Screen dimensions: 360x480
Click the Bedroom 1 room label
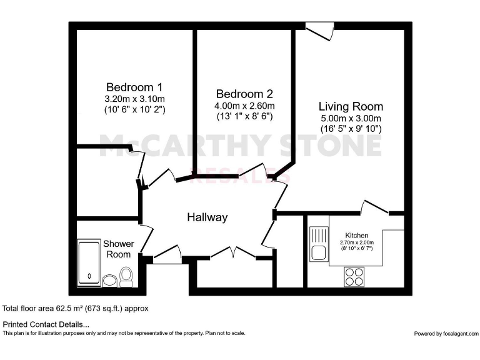pyautogui.click(x=134, y=87)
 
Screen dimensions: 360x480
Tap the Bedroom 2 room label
pyautogui.click(x=244, y=94)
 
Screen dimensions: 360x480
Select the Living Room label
pyautogui.click(x=351, y=106)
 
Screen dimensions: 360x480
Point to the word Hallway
pyautogui.click(x=207, y=217)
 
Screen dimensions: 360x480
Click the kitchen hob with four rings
pyautogui.click(x=354, y=276)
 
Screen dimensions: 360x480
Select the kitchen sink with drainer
pyautogui.click(x=317, y=244)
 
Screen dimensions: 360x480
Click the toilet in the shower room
pyautogui.click(x=126, y=276)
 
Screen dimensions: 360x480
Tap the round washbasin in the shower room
pyautogui.click(x=110, y=280)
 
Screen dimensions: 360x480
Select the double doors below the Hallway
pyautogui.click(x=232, y=252)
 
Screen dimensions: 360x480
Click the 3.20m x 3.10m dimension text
pyautogui.click(x=134, y=99)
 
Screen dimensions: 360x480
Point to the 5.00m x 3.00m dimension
pyautogui.click(x=351, y=118)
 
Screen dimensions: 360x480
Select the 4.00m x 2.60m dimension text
pyautogui.click(x=244, y=106)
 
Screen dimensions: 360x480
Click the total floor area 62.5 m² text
pyautogui.click(x=76, y=309)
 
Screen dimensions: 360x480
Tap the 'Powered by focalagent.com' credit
pyautogui.click(x=445, y=334)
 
